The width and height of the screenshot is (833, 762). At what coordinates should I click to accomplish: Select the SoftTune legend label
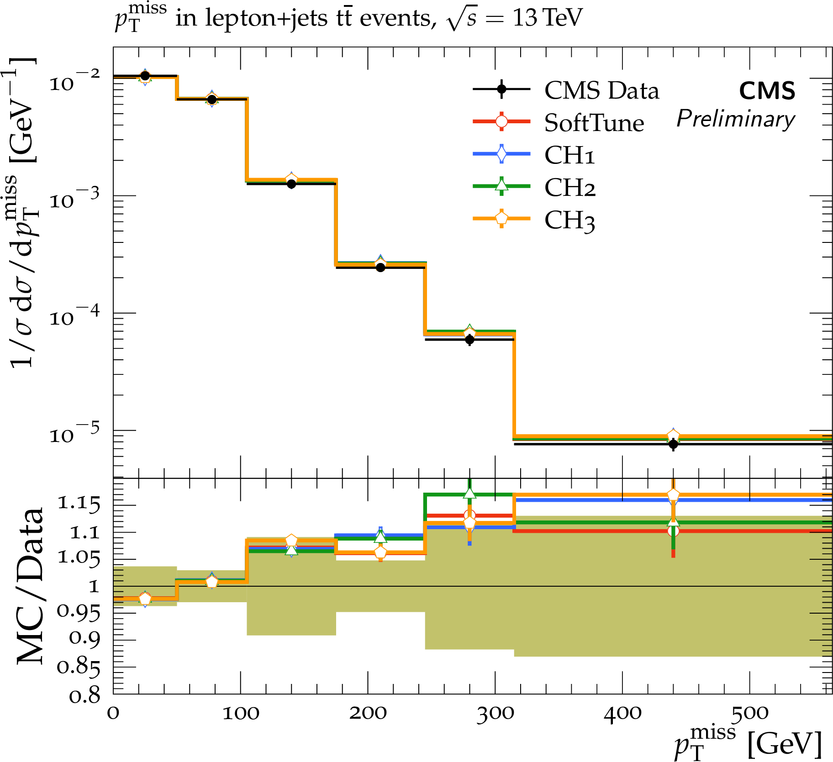(594, 123)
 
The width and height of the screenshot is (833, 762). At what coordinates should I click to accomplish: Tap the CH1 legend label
(569, 155)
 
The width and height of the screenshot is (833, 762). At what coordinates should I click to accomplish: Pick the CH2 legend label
(570, 188)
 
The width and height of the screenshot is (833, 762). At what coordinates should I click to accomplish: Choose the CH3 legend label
(569, 220)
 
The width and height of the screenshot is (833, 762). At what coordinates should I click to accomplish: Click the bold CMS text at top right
(767, 91)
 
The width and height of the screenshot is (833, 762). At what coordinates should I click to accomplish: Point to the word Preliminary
(736, 119)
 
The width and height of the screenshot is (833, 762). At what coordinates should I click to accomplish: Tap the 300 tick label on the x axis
(495, 714)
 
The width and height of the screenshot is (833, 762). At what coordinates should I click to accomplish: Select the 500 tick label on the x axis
(749, 714)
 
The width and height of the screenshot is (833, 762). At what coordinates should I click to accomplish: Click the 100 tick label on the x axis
(241, 714)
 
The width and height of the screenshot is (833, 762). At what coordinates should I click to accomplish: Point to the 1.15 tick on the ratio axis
(78, 504)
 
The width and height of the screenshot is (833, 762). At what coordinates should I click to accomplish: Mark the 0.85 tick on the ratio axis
(78, 667)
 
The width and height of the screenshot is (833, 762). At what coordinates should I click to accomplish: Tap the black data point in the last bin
(673, 444)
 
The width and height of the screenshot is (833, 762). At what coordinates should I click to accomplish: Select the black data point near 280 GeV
(469, 340)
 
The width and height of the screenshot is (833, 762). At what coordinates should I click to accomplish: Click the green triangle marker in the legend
(501, 185)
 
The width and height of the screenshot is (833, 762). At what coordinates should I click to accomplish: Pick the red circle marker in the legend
(501, 121)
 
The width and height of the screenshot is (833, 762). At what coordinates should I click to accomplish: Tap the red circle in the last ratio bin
(673, 531)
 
